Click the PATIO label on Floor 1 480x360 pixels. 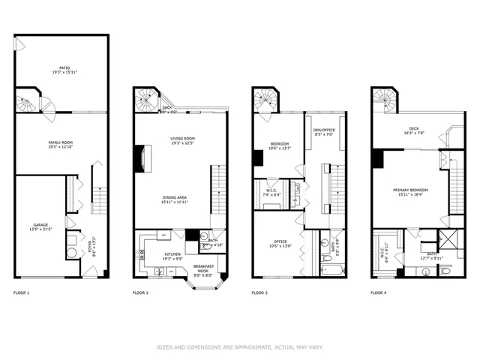coord(60,68)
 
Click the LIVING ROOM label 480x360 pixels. coord(182,140)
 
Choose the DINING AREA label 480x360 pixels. coord(175,199)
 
